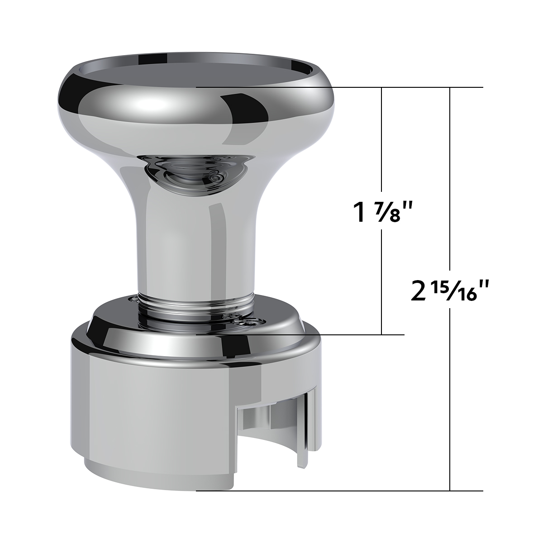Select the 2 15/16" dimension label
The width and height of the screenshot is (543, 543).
pos(451,291)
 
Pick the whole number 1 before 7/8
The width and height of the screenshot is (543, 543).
pos(360,213)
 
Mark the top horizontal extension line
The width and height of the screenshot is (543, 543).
pos(339,87)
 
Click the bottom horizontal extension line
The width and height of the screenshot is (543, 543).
pos(339,491)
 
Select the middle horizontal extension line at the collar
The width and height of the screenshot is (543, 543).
pos(299,334)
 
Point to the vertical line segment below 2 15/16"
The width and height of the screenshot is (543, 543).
pos(450,398)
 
